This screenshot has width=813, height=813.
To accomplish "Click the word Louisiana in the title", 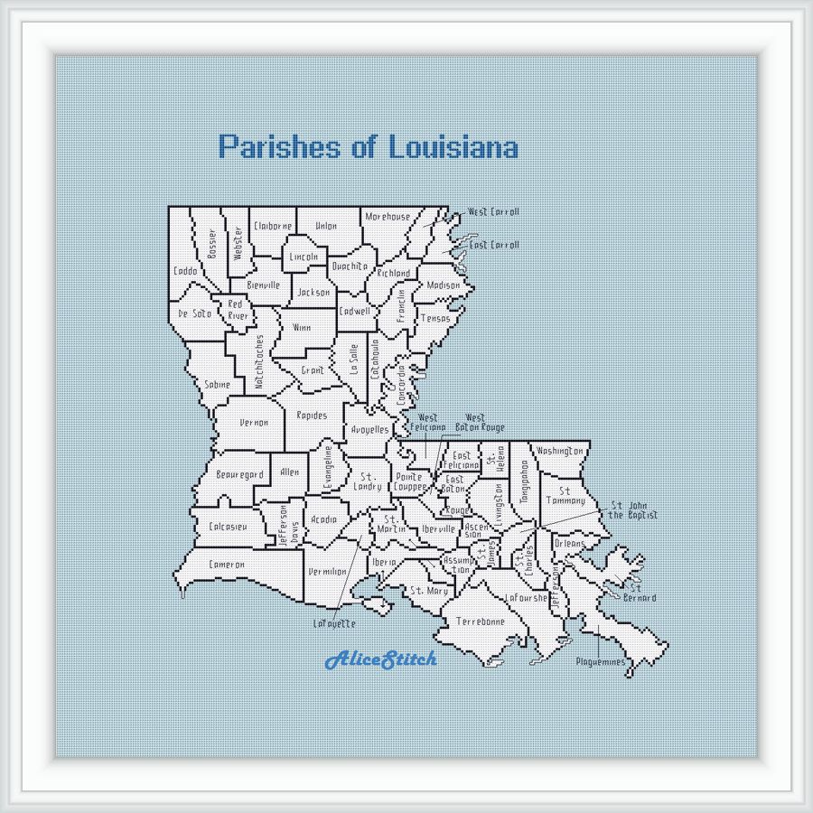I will [x=453, y=146].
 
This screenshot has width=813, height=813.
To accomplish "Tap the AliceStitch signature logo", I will [x=380, y=659].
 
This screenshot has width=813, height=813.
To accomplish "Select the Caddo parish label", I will [x=185, y=271].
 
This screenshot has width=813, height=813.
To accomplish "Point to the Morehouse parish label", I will [x=388, y=217].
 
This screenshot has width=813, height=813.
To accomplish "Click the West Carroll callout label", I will [x=493, y=212].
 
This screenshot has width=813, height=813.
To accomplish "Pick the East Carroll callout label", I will [x=494, y=245].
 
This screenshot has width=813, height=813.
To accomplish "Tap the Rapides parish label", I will [x=312, y=416].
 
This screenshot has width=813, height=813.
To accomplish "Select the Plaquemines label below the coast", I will [x=601, y=662].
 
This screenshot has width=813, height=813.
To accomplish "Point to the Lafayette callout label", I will [x=334, y=623].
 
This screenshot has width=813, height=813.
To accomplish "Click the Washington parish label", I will [x=559, y=450].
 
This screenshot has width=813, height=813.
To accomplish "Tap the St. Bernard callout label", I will [x=640, y=593].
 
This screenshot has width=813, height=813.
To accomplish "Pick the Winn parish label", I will [x=301, y=327].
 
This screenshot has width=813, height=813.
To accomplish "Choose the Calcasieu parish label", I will [x=228, y=527].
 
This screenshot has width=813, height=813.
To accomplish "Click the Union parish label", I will [x=325, y=226].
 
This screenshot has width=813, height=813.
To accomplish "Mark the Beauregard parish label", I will [x=239, y=474].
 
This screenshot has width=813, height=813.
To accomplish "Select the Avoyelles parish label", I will [x=369, y=429].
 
